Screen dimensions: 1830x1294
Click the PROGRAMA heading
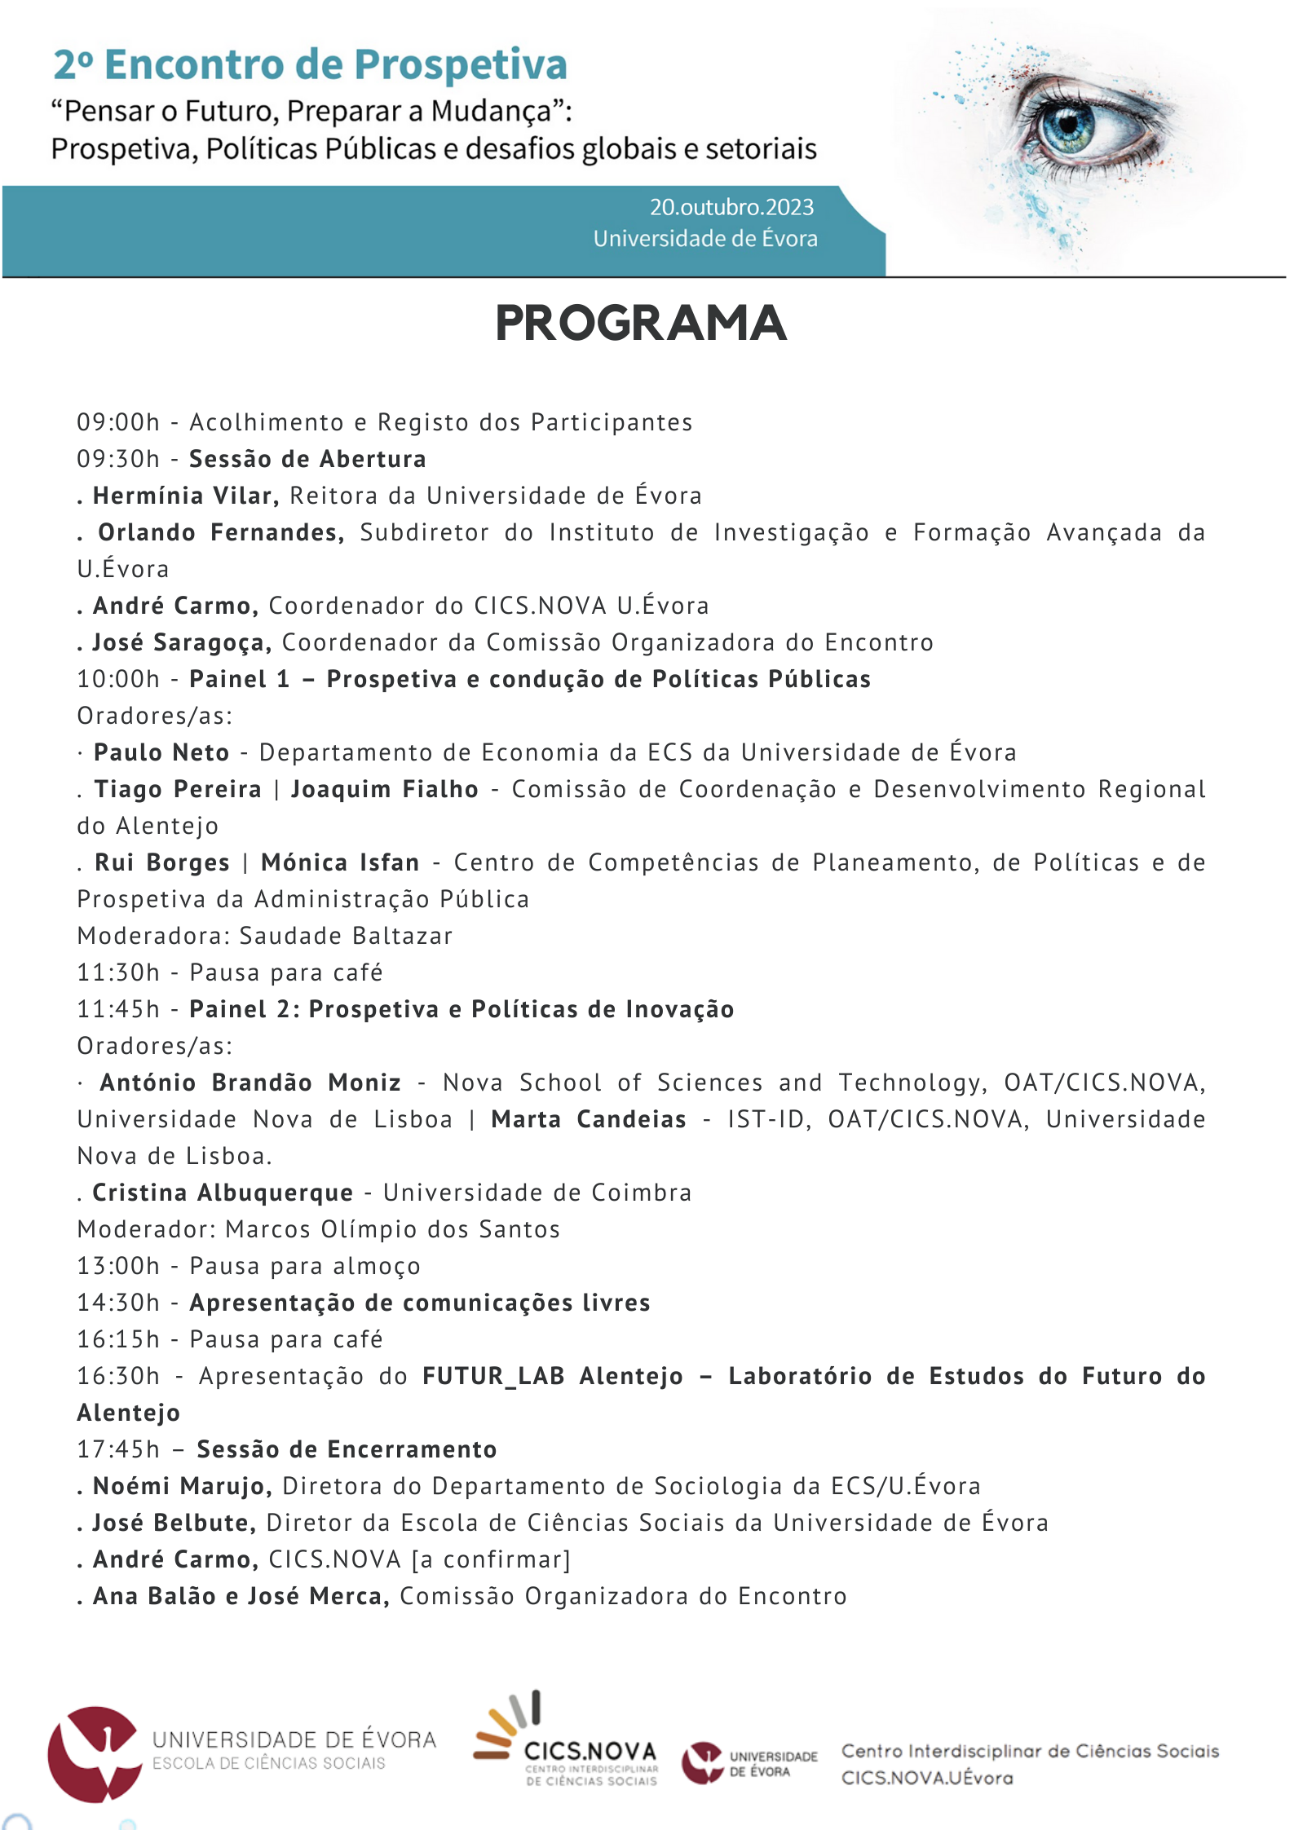point(641,324)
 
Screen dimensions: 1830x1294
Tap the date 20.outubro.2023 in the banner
point(731,207)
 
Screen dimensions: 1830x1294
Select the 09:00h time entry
point(118,422)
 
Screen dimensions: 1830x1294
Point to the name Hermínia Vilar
point(186,496)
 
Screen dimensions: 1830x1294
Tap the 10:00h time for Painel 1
point(118,679)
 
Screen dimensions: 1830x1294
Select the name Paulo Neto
point(161,752)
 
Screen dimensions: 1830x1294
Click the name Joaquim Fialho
point(385,789)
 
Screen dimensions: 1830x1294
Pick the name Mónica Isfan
point(340,862)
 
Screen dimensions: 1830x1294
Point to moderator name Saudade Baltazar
point(346,936)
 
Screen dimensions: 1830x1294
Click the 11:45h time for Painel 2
point(118,1009)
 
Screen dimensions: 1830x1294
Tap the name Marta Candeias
point(589,1119)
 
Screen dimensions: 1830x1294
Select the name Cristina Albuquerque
point(223,1193)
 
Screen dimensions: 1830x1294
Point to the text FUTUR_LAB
point(493,1376)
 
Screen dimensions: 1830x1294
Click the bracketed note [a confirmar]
point(491,1559)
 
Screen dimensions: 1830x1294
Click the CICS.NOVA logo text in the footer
point(590,1751)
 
